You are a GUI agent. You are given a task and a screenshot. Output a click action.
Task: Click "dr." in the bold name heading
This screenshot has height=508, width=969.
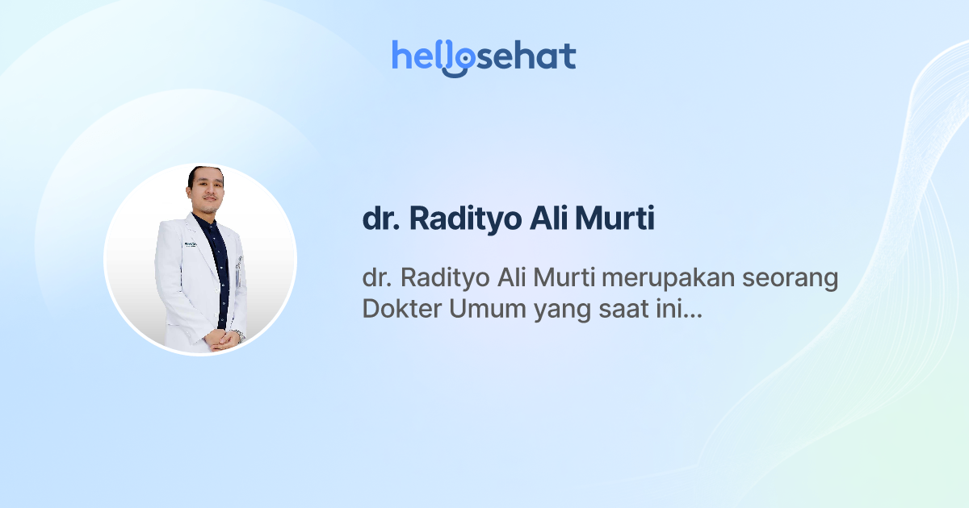click(380, 220)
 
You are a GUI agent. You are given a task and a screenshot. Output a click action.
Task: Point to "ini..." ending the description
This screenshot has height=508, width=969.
click(678, 309)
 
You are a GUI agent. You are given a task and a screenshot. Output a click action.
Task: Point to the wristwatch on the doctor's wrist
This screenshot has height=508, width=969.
click(238, 335)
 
